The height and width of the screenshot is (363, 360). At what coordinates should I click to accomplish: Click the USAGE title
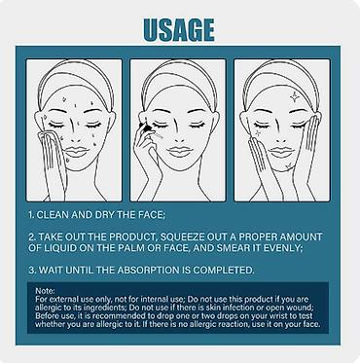(179, 29)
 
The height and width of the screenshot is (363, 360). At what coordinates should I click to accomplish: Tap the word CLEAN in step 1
(53, 215)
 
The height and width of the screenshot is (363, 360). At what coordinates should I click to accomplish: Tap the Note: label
(45, 291)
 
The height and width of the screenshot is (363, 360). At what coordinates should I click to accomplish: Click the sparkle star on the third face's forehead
(294, 96)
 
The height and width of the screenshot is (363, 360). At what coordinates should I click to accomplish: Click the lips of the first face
(76, 152)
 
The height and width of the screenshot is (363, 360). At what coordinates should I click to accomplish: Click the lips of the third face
(281, 152)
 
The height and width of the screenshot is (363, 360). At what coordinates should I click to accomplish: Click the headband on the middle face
(178, 74)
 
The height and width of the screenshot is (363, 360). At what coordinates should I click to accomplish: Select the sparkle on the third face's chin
(288, 166)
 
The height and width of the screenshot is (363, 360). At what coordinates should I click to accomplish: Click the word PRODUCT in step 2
(132, 236)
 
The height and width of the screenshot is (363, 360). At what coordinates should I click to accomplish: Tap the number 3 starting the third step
(31, 270)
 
